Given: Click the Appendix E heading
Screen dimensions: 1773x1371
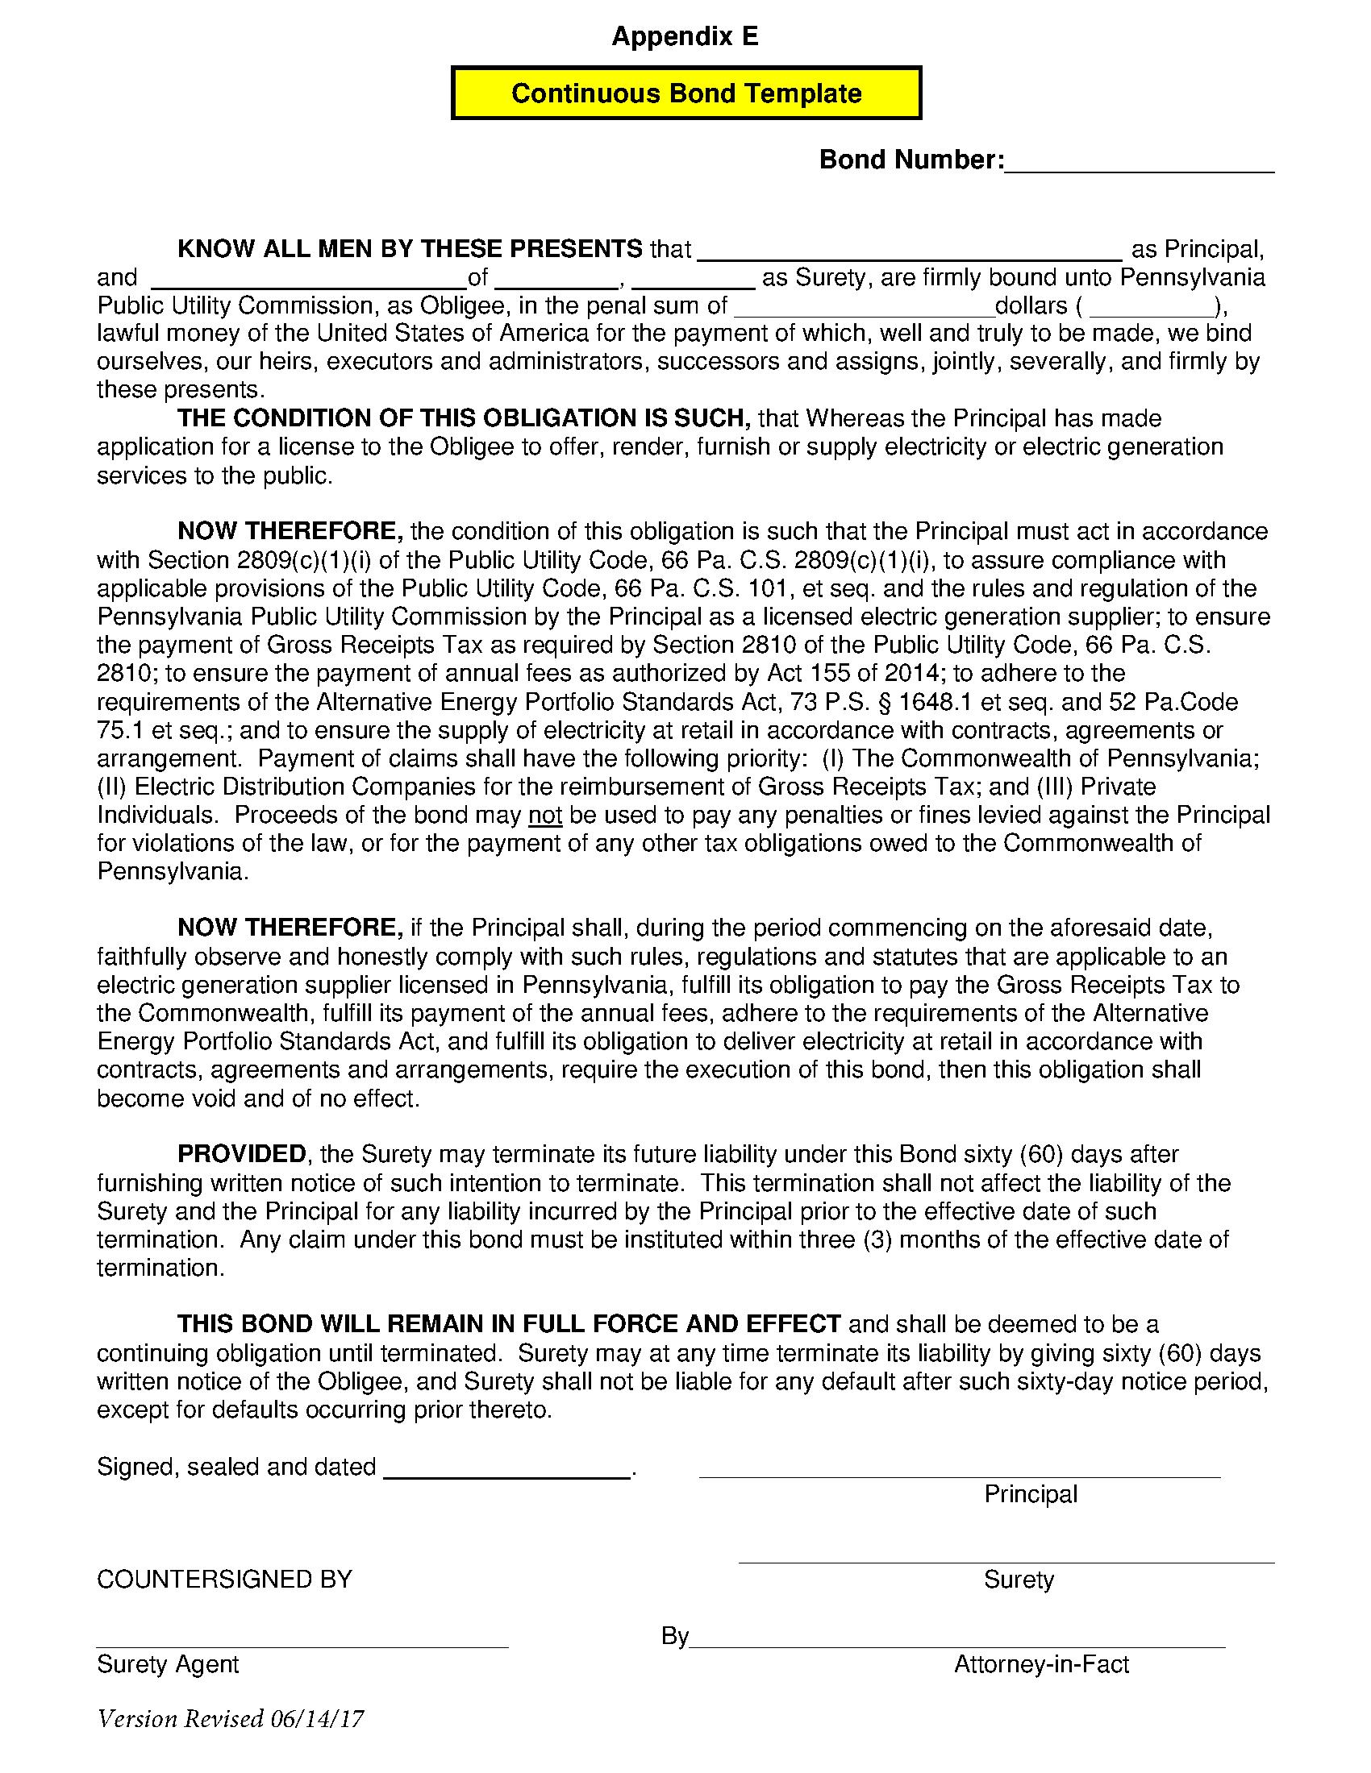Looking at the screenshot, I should pyautogui.click(x=685, y=36).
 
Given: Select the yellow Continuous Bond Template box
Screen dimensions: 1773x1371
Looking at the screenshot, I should pyautogui.click(x=685, y=93).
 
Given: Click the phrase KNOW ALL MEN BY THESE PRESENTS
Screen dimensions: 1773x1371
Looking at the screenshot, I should pyautogui.click(x=410, y=248).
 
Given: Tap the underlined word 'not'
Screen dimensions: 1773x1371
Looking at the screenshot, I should pyautogui.click(x=545, y=815).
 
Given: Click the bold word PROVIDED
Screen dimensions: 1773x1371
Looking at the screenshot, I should pyautogui.click(x=241, y=1154).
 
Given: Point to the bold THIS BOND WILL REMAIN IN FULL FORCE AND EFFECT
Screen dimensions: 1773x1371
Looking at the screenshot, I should pyautogui.click(x=508, y=1324).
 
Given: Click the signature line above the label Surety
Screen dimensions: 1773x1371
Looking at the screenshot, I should pyautogui.click(x=1006, y=1561).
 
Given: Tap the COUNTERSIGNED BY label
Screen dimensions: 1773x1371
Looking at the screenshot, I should pyautogui.click(x=224, y=1579).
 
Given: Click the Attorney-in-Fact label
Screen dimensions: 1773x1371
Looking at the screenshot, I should pyautogui.click(x=1041, y=1664).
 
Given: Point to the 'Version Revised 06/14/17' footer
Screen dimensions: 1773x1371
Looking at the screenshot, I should pyautogui.click(x=230, y=1719).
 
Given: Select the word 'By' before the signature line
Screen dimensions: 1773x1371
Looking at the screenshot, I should pyautogui.click(x=675, y=1637).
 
